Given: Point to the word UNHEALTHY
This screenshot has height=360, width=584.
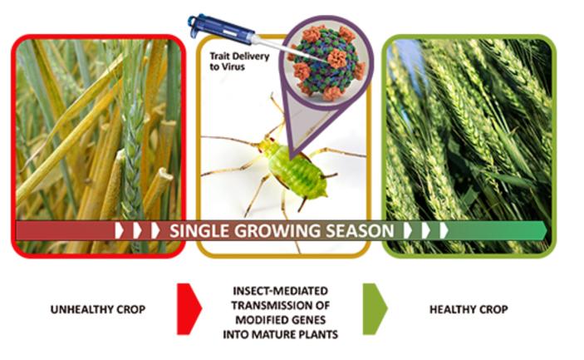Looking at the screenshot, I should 74,309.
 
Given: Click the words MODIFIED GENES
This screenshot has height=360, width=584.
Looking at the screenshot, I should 287,316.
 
